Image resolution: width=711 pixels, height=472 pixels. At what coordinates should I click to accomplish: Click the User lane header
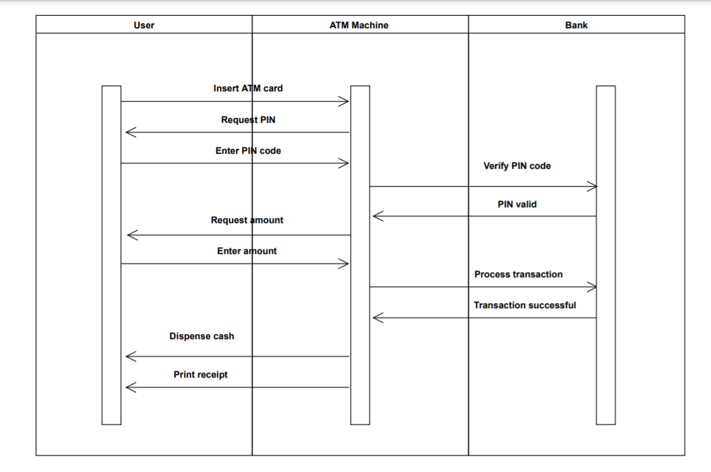pos(144,25)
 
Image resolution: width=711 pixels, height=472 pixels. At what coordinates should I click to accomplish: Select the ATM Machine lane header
pos(359,25)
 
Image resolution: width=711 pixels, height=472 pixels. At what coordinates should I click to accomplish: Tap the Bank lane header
pos(576,25)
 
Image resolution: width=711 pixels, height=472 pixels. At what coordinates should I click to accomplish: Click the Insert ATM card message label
pos(248,88)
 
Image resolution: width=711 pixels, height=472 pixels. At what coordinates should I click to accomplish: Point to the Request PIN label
pos(248,120)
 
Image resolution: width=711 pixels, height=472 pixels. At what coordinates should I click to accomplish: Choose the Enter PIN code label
pos(248,151)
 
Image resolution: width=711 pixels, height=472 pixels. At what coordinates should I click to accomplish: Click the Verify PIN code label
pos(517,166)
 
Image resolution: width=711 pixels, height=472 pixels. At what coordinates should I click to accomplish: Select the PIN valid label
pos(517,204)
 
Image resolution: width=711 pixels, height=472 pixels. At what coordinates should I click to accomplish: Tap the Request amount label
pos(246,220)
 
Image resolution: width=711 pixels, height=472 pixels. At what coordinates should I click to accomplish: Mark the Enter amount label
pos(246,251)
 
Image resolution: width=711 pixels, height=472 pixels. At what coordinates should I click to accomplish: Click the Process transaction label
pos(518,274)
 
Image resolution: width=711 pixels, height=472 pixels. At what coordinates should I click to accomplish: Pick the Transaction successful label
pos(524,305)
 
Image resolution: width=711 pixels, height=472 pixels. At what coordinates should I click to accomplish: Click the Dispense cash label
pos(202,336)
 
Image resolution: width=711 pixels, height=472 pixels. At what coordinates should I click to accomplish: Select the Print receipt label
pos(200,374)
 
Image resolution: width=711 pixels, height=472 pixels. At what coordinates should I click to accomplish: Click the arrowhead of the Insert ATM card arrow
pos(344,101)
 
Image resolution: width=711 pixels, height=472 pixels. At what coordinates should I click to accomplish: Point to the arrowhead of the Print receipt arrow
pos(130,388)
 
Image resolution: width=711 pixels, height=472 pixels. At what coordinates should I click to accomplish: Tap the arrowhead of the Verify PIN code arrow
pos(592,186)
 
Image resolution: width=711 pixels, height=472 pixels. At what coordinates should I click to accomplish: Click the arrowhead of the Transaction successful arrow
pos(377,318)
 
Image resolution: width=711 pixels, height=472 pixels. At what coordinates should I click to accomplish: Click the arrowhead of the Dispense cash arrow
pos(130,357)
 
